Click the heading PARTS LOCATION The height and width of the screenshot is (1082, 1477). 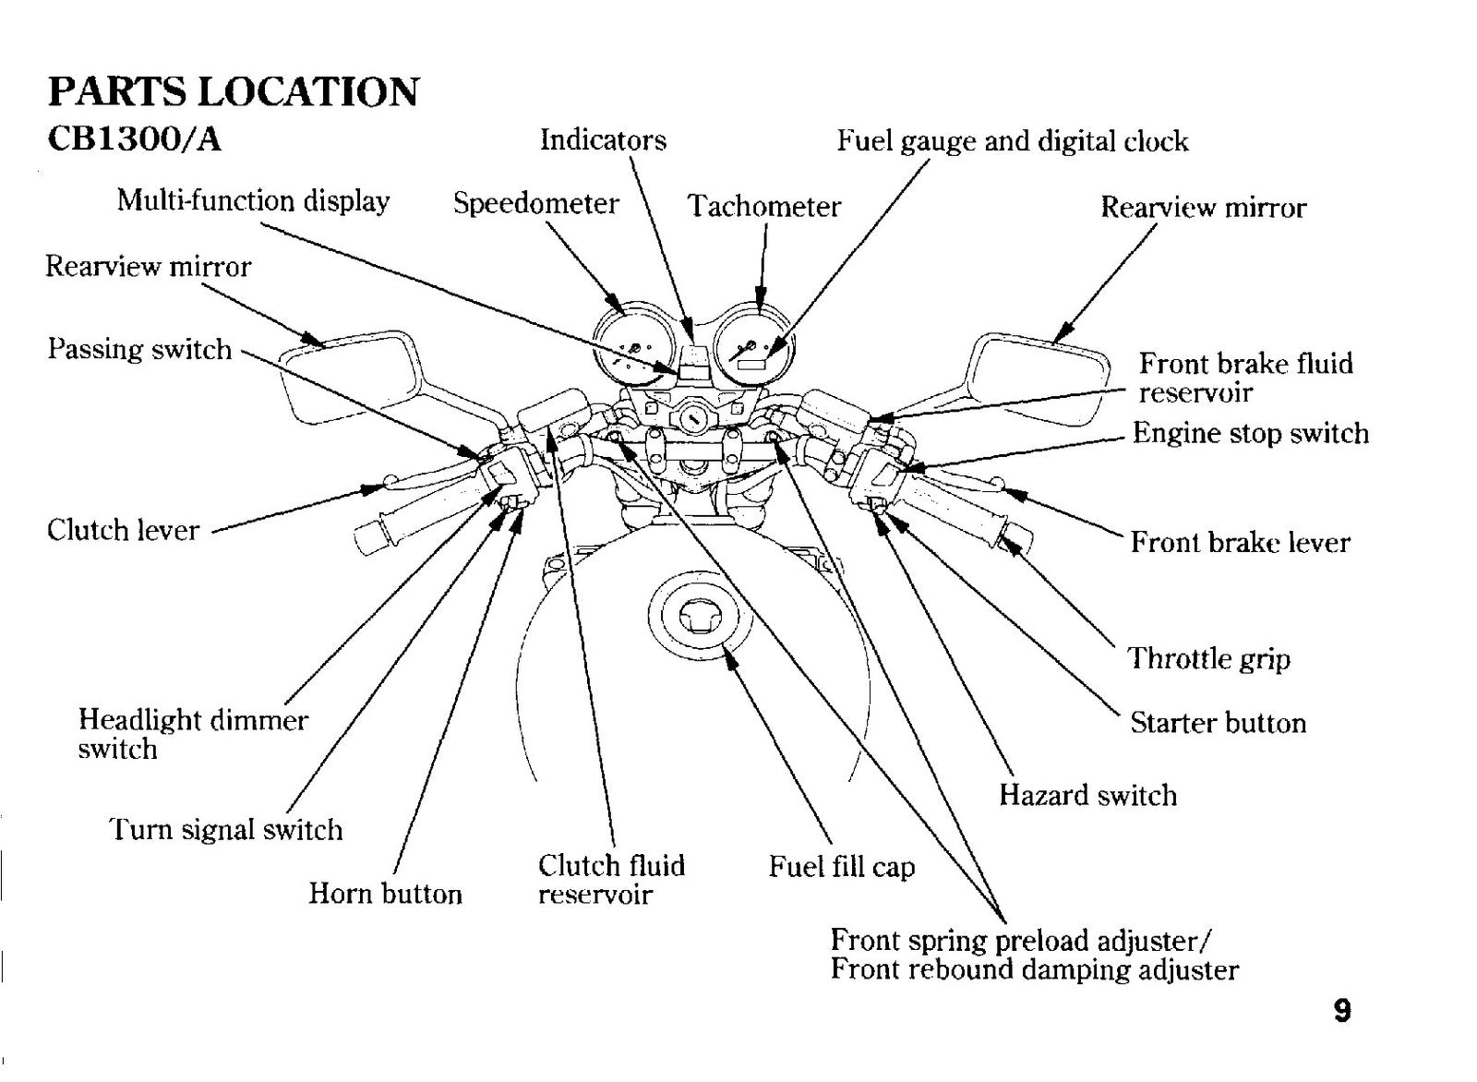233,91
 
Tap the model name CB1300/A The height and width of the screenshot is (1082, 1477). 135,139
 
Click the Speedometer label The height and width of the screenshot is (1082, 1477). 535,203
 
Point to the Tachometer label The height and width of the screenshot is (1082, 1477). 764,207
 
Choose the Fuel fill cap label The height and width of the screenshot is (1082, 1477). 842,866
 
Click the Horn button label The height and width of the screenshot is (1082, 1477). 385,894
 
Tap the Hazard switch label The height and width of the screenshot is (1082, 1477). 1088,795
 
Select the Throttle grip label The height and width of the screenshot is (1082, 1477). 1208,658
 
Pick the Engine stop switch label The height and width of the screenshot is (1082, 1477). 1251,434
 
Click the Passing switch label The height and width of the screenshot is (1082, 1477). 139,349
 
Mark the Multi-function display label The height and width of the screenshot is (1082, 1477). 253,200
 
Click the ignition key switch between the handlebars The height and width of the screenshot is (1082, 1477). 691,418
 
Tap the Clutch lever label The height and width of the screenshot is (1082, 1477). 124,530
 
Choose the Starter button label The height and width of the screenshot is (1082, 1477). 1219,723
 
